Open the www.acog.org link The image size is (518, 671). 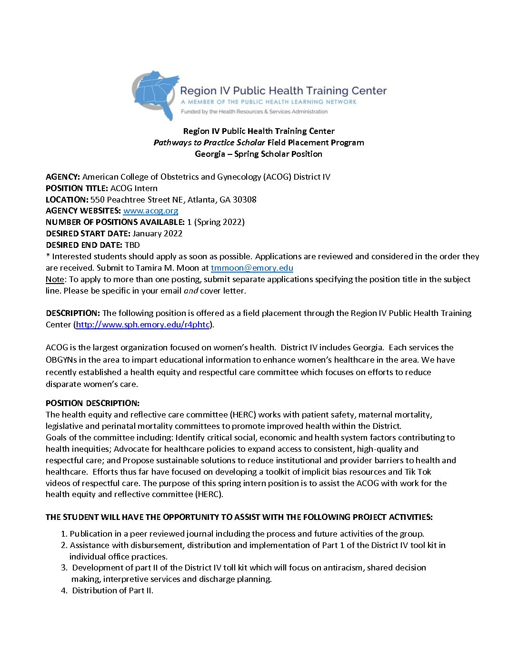click(x=150, y=211)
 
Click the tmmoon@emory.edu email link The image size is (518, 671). click(x=252, y=268)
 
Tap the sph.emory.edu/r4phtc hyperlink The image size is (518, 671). click(x=142, y=325)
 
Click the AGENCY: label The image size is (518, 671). click(x=63, y=177)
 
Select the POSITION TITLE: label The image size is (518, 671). click(x=77, y=188)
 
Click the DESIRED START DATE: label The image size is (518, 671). click(x=88, y=234)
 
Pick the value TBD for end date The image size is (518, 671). click(x=132, y=245)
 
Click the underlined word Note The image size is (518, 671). click(x=55, y=279)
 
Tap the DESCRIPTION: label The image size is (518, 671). click(x=73, y=313)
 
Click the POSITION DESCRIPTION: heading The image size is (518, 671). click(x=92, y=403)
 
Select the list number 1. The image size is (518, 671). click(x=64, y=534)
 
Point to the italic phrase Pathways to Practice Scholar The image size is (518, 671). click(x=209, y=142)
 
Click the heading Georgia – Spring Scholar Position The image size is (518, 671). click(x=259, y=154)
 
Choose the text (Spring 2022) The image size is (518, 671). click(x=219, y=222)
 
